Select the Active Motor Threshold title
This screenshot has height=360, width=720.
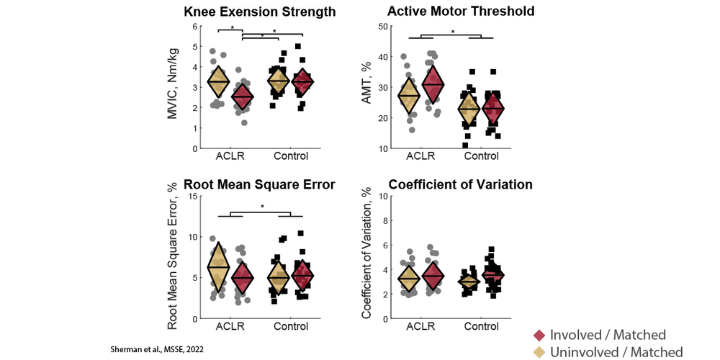tap(451, 12)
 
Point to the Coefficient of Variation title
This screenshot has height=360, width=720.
tap(451, 184)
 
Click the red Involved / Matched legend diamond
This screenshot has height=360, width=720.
tap(538, 335)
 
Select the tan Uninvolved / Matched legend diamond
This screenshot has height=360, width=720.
tap(538, 352)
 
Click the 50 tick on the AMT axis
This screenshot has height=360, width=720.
tap(382, 27)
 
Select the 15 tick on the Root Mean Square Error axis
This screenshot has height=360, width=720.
tap(192, 197)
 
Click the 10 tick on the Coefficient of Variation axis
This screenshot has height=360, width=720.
tap(382, 197)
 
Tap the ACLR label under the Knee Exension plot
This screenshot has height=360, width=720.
tap(230, 156)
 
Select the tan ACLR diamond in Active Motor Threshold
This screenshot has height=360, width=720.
tap(408, 95)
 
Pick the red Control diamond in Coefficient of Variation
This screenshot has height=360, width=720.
tap(492, 274)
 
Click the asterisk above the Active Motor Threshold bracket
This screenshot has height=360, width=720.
tap(452, 31)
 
